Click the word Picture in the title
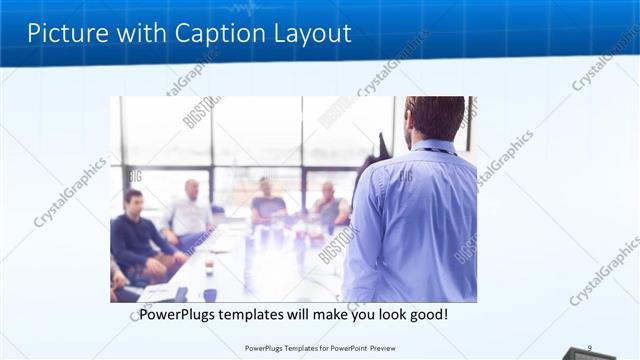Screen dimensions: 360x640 pos(64,33)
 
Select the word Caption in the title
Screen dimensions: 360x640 pos(216,33)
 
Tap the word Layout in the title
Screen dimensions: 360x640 pos(311,33)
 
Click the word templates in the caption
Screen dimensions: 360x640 pos(259,315)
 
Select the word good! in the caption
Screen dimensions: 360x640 pos(427,315)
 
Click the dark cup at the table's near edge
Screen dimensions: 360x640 pos(210,295)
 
